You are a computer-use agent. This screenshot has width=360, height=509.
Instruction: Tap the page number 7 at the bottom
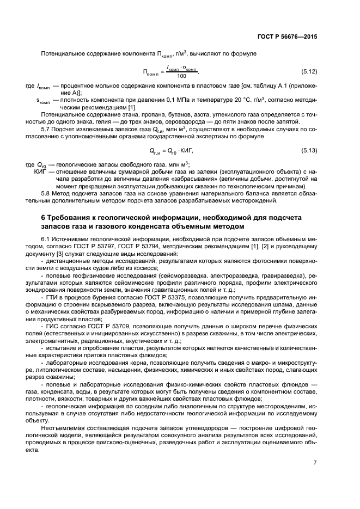[315, 462]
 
